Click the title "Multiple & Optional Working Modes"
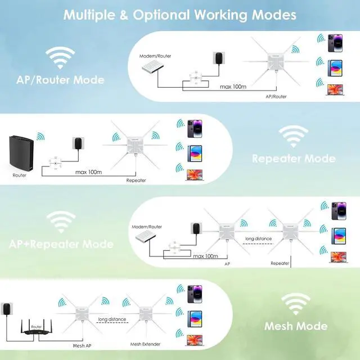pos(179,15)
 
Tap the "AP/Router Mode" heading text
pos(60,80)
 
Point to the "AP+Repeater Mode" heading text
pos(61,245)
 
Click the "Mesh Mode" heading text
pos(295,326)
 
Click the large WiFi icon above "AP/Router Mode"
pos(59,57)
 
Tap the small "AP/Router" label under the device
pos(276,97)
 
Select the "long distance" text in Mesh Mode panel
pos(111,319)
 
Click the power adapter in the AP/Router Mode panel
pos(217,59)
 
